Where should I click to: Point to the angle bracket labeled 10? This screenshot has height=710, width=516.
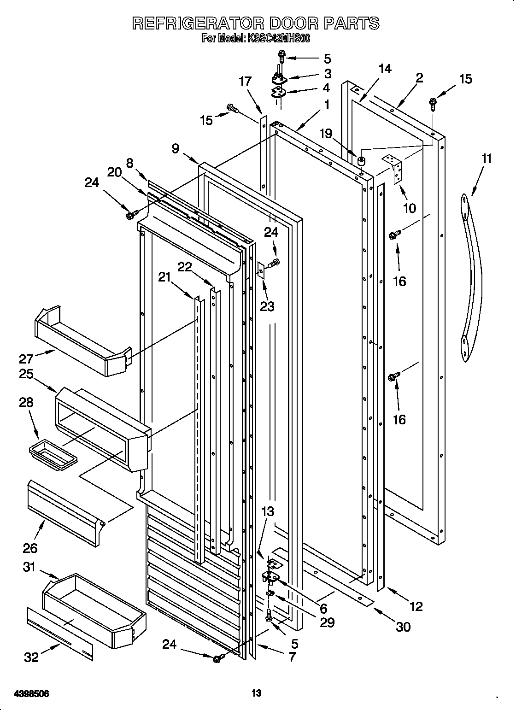click(x=393, y=169)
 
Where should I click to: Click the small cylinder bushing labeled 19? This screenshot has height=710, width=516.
click(x=361, y=161)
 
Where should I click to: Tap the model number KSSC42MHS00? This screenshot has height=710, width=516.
click(x=276, y=39)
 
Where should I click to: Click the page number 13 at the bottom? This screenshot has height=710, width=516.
click(x=257, y=680)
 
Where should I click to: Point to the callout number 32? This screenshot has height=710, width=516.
click(x=32, y=657)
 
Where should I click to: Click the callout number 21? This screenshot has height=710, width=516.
click(x=164, y=276)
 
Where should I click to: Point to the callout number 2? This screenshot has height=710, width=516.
click(x=419, y=78)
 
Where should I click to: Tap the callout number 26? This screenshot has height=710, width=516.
click(x=29, y=547)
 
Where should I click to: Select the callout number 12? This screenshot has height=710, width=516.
click(x=416, y=606)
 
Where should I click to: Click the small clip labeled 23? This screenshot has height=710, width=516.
click(x=261, y=270)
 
